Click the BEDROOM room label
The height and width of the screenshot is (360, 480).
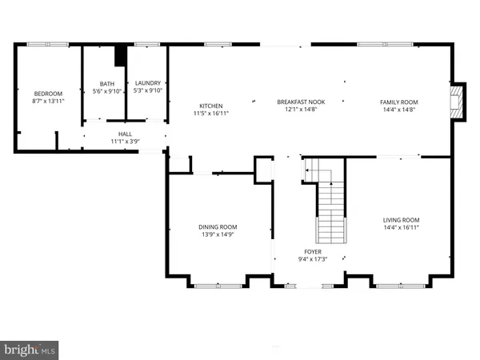click(x=46, y=93)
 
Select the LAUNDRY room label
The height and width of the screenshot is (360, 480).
click(x=148, y=83)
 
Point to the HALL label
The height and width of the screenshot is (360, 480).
click(x=125, y=134)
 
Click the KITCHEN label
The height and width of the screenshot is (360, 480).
click(x=210, y=106)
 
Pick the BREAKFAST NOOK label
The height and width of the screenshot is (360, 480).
click(x=302, y=102)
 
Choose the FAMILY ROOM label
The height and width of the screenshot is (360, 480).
click(x=398, y=102)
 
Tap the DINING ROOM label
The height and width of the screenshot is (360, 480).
click(x=218, y=227)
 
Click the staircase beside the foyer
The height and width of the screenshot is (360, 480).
click(x=329, y=204)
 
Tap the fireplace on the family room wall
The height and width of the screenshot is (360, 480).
click(x=458, y=102)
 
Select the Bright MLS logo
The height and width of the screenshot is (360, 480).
click(x=30, y=350)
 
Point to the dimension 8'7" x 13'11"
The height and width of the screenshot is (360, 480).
click(x=46, y=101)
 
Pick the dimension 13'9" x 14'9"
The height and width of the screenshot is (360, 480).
click(x=218, y=235)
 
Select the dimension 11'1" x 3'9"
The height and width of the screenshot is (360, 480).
click(x=125, y=142)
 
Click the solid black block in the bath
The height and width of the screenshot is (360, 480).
click(x=120, y=58)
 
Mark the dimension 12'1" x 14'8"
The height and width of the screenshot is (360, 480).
click(x=302, y=110)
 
